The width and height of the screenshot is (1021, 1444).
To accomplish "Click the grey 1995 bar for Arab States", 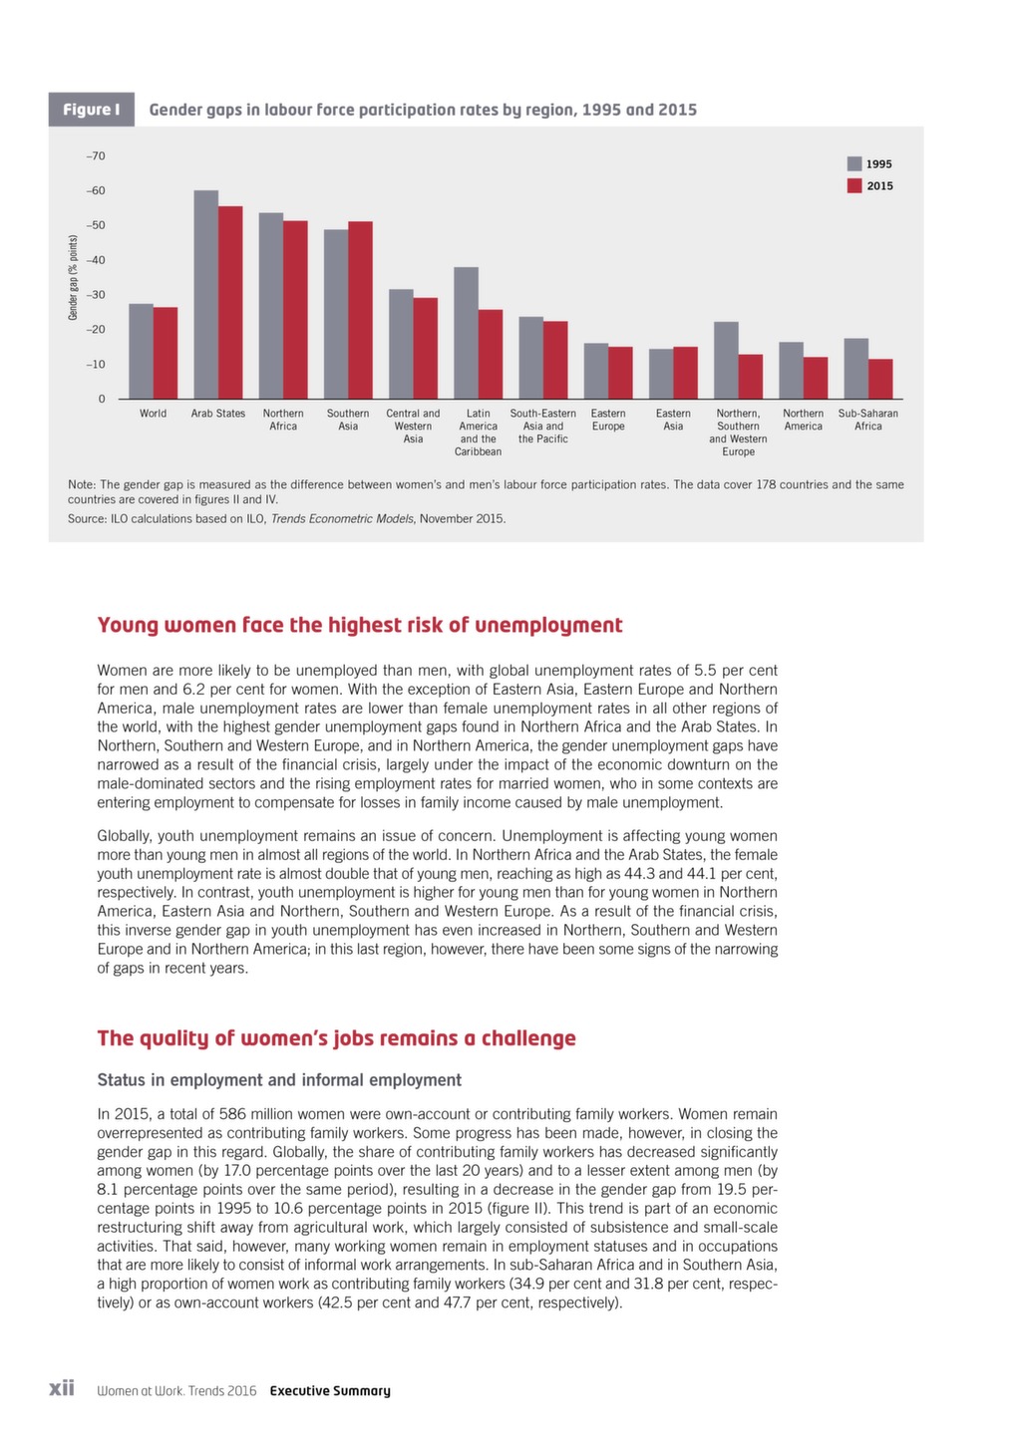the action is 205,295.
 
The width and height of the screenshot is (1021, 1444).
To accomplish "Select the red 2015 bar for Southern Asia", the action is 361,310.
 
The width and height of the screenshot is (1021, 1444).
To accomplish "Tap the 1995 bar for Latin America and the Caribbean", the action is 466,333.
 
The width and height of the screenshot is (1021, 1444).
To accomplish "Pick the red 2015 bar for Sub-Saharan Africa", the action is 880,379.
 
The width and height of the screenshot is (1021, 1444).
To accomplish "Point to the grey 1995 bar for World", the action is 141,352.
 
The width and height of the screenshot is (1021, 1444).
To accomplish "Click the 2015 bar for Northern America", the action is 816,378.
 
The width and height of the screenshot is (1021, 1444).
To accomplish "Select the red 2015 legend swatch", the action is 853,185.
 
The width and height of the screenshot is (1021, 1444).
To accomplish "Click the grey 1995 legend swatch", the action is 853,163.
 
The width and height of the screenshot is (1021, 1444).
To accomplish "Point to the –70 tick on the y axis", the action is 96,156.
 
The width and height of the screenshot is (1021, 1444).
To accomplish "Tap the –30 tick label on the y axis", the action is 96,295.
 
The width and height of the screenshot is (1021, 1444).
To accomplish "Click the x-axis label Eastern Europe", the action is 608,420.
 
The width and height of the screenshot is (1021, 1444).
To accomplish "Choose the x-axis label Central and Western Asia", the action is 413,427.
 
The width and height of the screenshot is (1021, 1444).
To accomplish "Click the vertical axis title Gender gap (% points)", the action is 73,277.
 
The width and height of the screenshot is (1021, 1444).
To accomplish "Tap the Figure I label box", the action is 92,109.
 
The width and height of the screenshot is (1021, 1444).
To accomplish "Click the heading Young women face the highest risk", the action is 360,625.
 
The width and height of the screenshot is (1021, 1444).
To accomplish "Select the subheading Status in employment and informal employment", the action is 279,1080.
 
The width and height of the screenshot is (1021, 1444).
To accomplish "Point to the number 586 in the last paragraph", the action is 231,1114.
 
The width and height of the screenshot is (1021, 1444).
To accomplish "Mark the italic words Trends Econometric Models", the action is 342,518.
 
